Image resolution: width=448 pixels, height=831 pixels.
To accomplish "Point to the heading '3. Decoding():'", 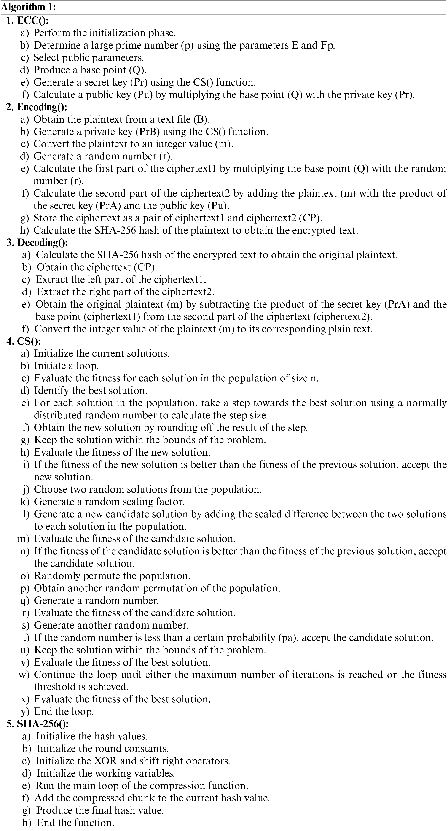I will [37, 242].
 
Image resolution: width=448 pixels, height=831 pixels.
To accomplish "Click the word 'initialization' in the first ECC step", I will [117, 33].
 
